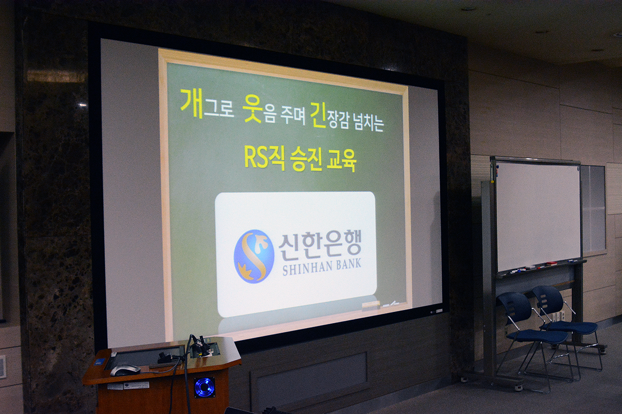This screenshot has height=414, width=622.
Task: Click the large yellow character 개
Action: pos(192,103)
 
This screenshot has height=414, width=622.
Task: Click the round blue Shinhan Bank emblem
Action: pos(254,256)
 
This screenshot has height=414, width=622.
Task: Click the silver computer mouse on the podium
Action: pos(125,370)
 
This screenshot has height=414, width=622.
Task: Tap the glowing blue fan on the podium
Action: pos(205,387)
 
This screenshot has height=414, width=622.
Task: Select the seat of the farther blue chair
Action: pos(572,327)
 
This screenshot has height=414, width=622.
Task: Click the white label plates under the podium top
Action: pos(128,386)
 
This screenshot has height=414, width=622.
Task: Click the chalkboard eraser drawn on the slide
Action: pos(370,306)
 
